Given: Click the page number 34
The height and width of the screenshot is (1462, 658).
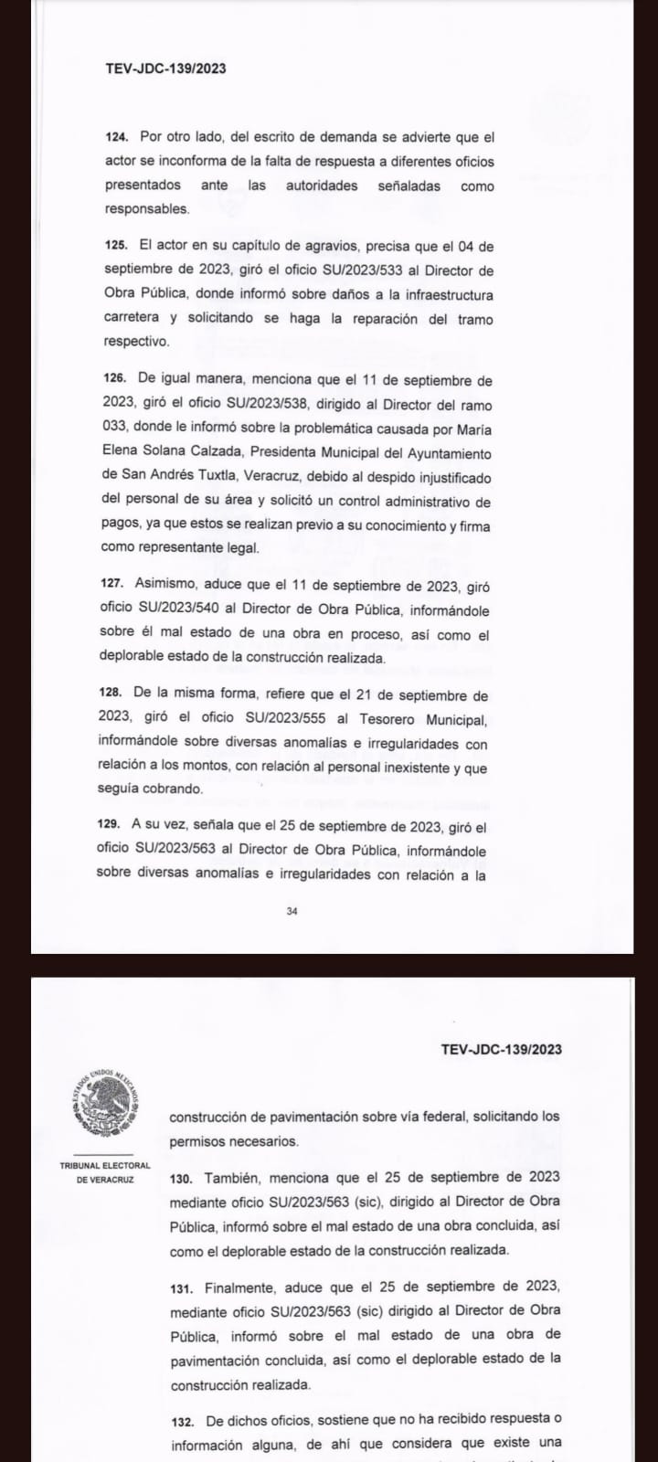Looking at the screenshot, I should (292, 910).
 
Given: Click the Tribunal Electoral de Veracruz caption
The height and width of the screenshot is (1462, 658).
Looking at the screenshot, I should (105, 1172).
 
